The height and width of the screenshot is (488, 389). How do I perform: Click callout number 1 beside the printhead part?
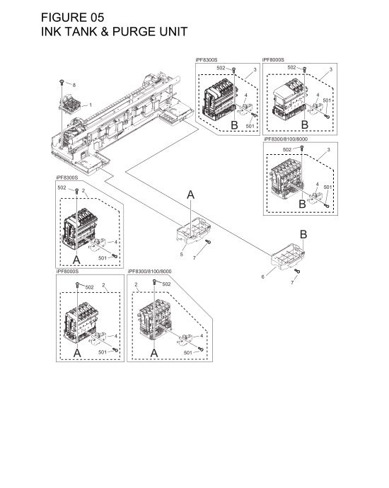91,105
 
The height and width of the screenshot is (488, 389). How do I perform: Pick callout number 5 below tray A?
181,254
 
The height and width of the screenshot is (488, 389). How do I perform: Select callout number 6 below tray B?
262,277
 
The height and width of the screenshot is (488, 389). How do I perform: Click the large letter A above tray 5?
191,195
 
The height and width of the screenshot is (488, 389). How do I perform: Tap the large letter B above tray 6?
303,234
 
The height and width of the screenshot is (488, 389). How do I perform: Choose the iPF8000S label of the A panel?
68,272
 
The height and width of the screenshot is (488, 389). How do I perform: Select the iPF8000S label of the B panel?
273,61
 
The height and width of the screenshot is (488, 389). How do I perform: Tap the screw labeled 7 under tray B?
297,272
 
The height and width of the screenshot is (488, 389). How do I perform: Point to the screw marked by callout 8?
61,83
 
